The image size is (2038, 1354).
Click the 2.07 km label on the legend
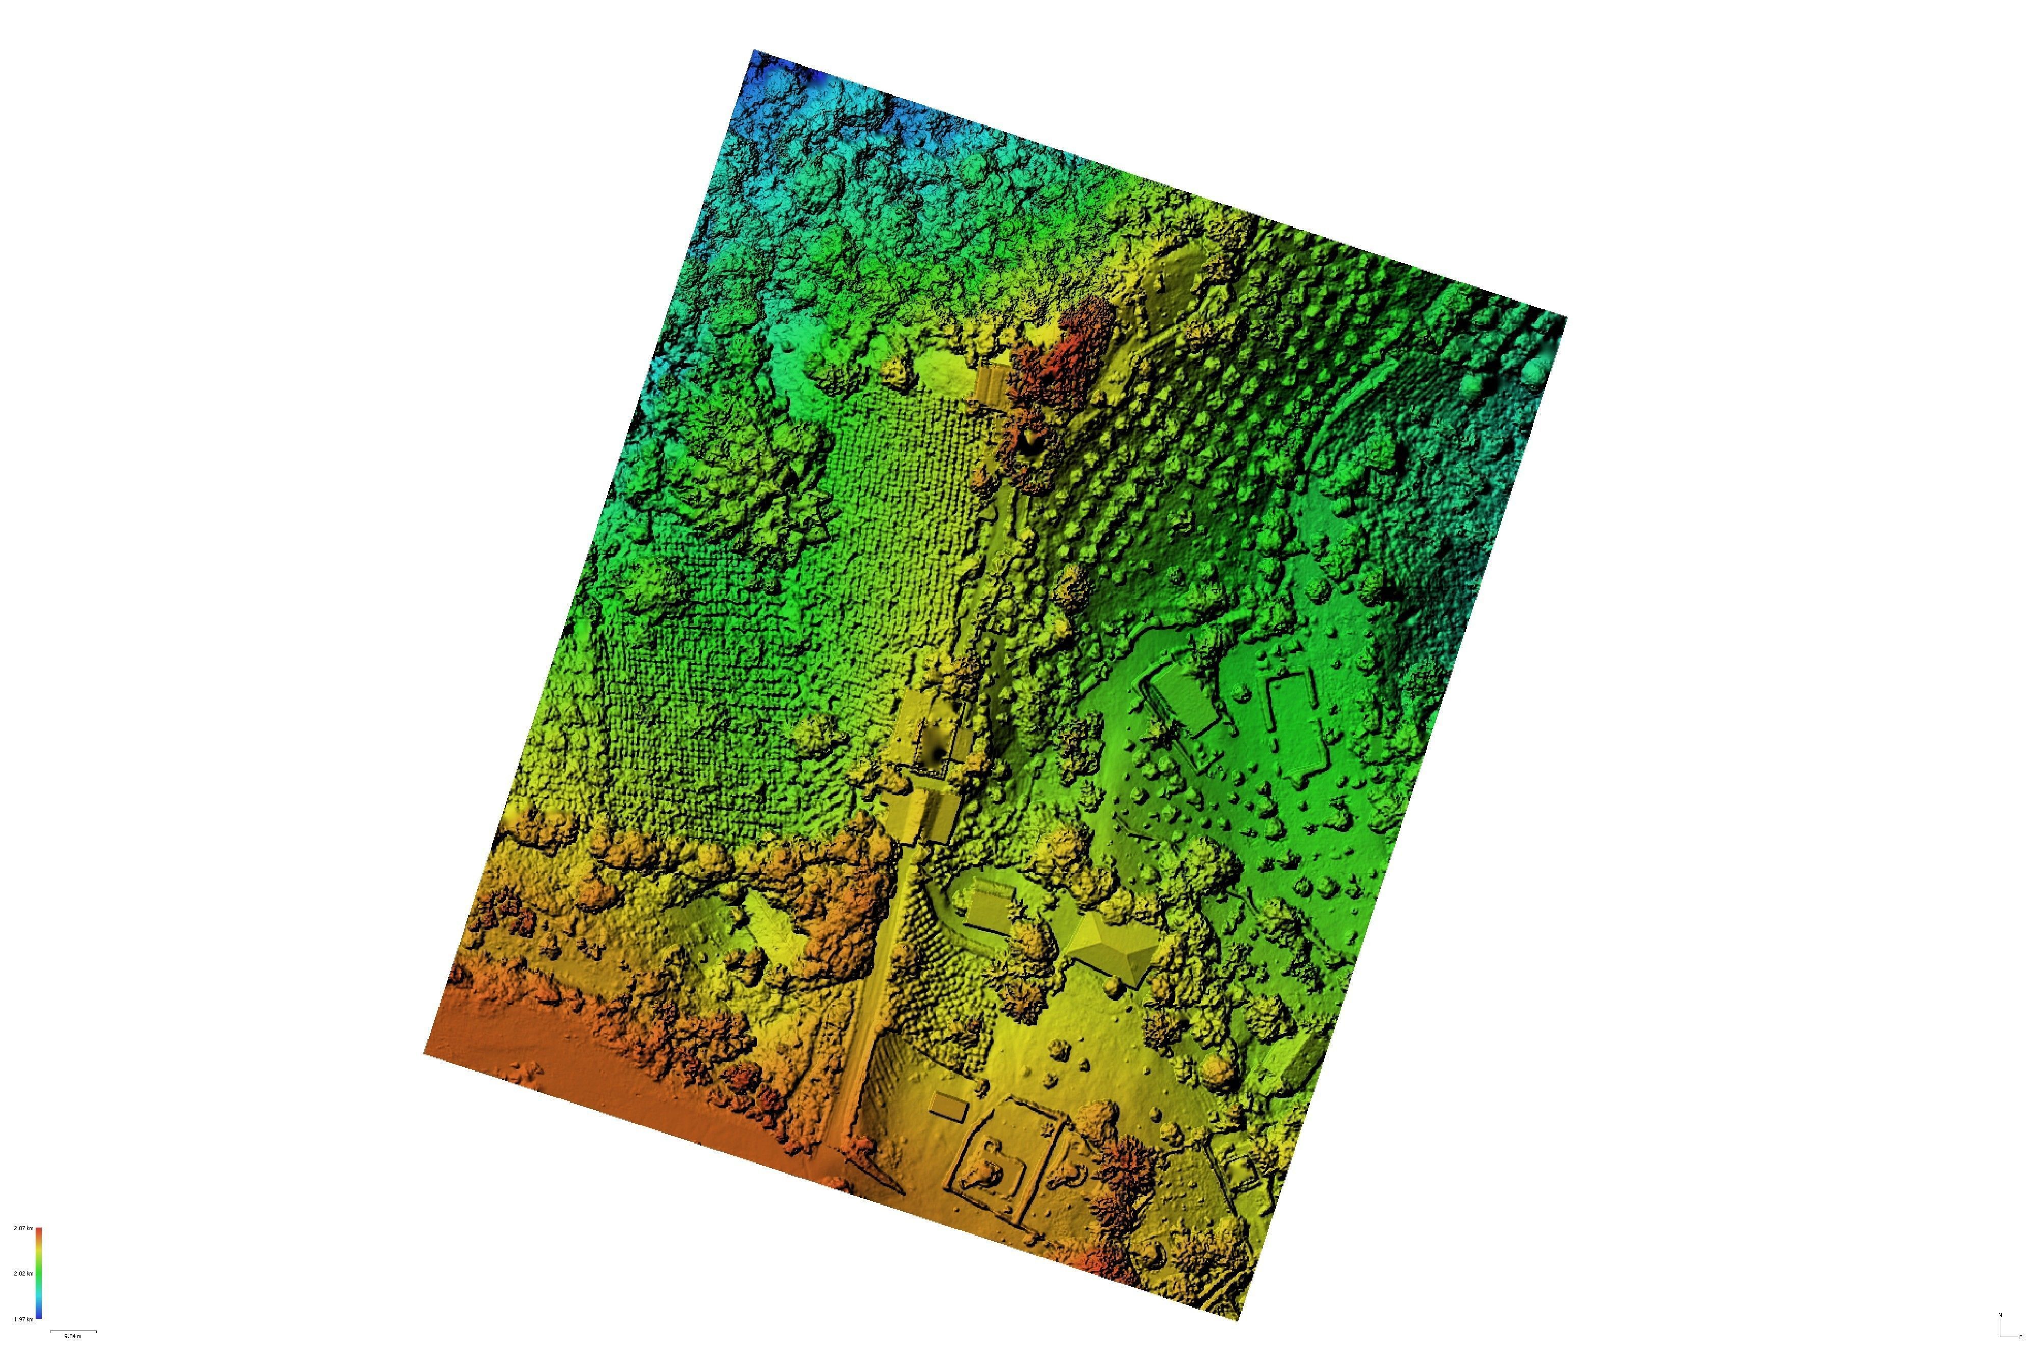point(23,1228)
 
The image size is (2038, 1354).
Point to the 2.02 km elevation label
point(23,1273)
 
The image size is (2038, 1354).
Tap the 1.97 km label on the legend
point(23,1319)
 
